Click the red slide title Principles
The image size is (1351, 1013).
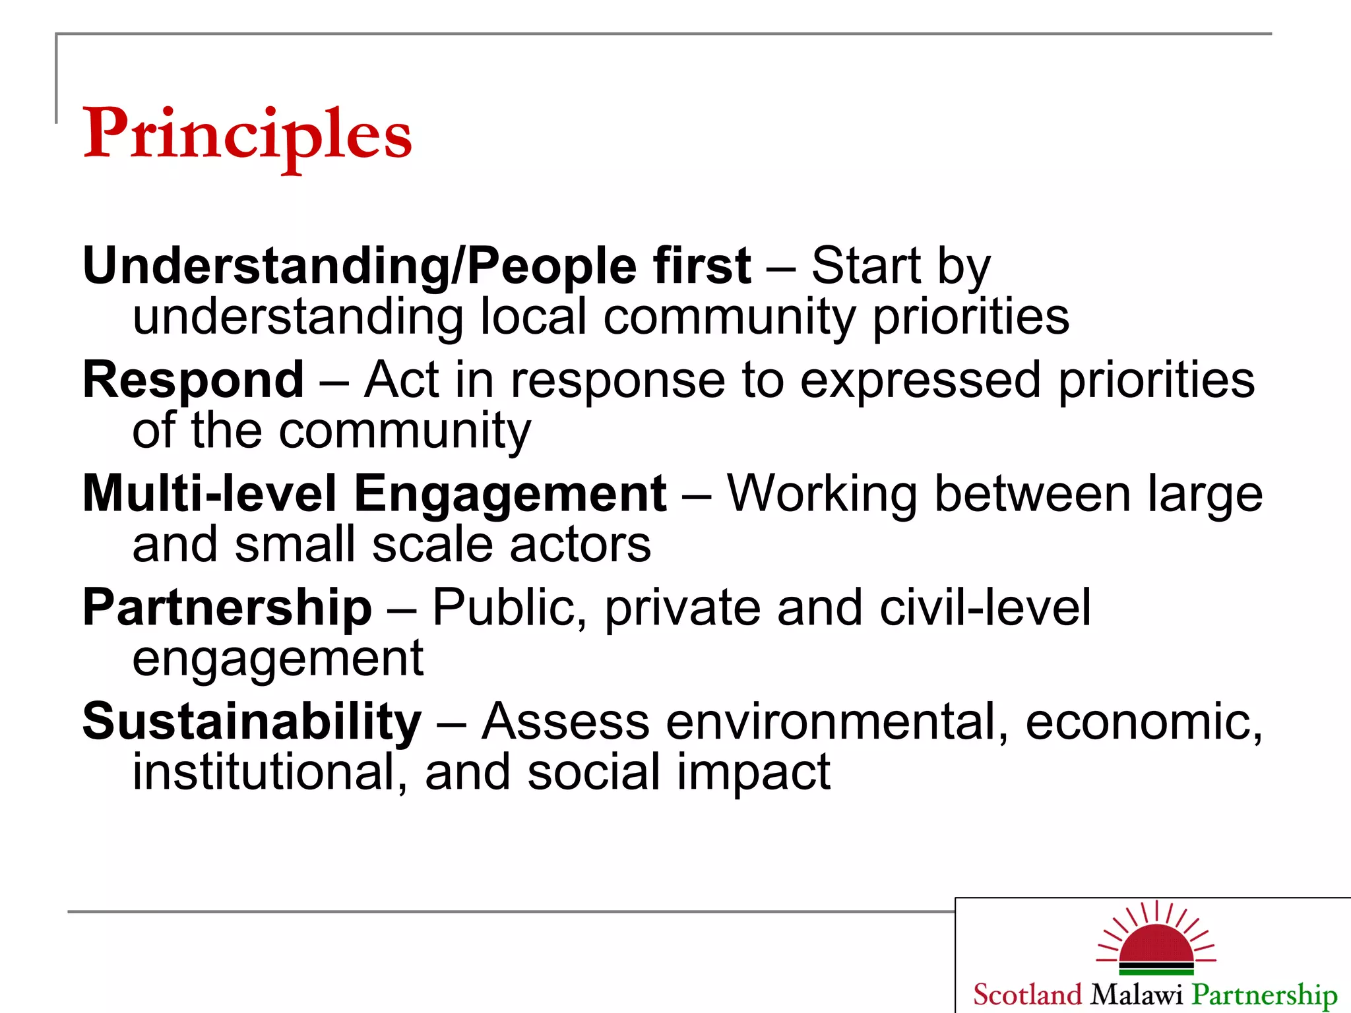247,135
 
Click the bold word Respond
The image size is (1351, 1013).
193,381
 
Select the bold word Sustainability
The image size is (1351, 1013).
251,722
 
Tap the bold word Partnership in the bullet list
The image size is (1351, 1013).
227,608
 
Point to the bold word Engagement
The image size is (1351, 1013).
510,495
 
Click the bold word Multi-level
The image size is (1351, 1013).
209,495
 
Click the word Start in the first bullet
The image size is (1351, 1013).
865,266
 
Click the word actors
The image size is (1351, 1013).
580,545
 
